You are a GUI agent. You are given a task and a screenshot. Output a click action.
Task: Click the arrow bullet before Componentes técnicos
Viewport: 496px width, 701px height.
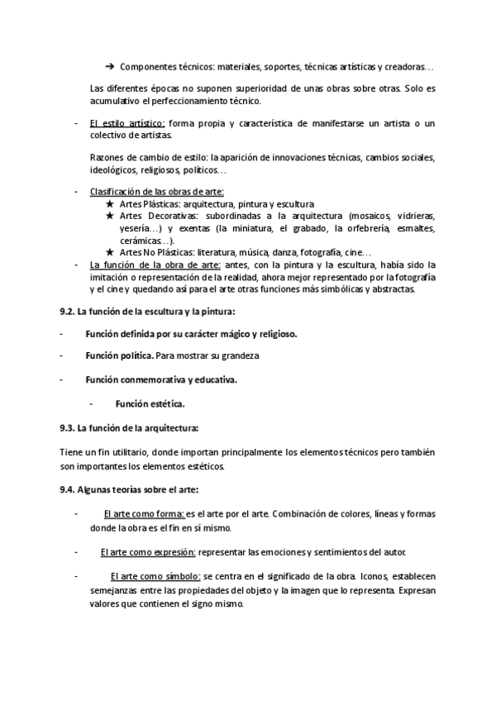coord(109,66)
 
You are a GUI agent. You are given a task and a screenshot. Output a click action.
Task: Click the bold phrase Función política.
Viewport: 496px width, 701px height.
coord(119,355)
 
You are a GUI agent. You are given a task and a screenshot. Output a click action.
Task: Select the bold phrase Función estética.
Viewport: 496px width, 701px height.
coord(150,404)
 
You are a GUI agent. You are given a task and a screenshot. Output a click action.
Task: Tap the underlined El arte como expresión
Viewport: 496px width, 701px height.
coord(148,551)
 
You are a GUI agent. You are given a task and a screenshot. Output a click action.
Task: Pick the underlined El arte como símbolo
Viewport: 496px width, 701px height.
coord(155,575)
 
